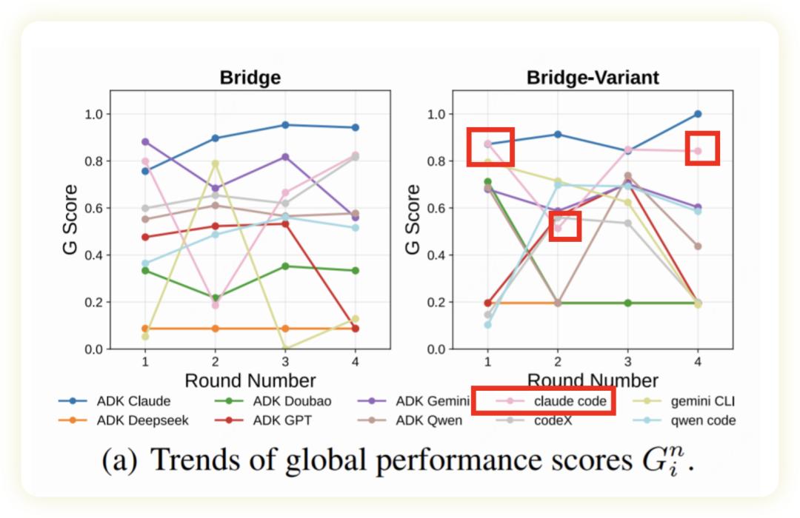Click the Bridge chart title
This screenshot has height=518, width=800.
[250, 78]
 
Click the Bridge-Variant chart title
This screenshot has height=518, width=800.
[593, 78]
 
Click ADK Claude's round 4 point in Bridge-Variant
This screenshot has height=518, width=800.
[697, 114]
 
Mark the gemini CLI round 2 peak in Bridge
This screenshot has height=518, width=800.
[215, 164]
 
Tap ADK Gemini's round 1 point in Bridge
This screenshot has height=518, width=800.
[145, 141]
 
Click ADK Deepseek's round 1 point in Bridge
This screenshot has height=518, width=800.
[145, 328]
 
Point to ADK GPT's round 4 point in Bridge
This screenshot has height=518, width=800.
[355, 328]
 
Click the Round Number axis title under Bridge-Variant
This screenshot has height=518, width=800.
[592, 381]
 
